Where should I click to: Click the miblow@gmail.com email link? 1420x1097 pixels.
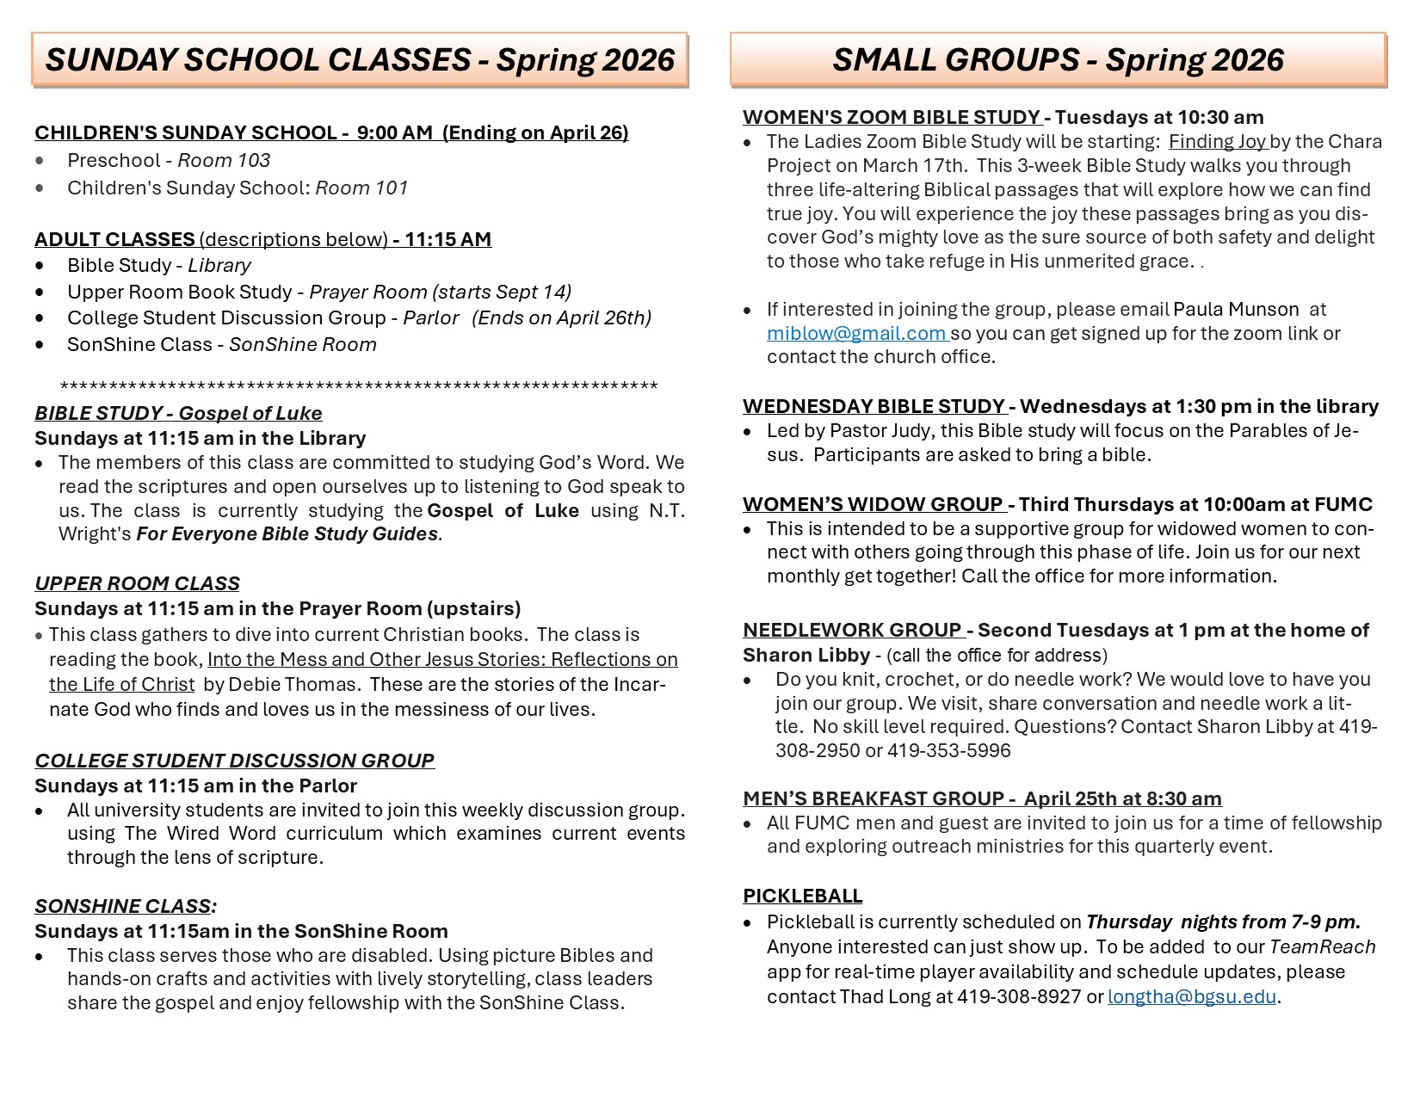pyautogui.click(x=856, y=333)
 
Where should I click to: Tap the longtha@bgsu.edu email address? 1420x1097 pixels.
pyautogui.click(x=1192, y=997)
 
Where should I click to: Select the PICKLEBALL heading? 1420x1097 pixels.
pyautogui.click(x=802, y=896)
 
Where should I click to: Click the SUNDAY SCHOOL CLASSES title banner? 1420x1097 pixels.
pyautogui.click(x=360, y=59)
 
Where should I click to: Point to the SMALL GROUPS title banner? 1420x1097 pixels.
pyautogui.click(x=1058, y=59)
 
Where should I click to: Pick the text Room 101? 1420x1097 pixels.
pyautogui.click(x=361, y=188)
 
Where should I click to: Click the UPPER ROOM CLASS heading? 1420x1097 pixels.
pyautogui.click(x=137, y=583)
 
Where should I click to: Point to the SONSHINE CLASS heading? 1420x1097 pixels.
pyautogui.click(x=126, y=906)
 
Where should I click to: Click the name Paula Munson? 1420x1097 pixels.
pyautogui.click(x=1236, y=309)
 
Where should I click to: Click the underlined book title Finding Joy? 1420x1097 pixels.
pyautogui.click(x=1217, y=141)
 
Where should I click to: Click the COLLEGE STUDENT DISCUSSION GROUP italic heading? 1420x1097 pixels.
pyautogui.click(x=234, y=761)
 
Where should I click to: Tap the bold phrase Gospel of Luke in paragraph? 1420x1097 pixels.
pyautogui.click(x=503, y=510)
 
